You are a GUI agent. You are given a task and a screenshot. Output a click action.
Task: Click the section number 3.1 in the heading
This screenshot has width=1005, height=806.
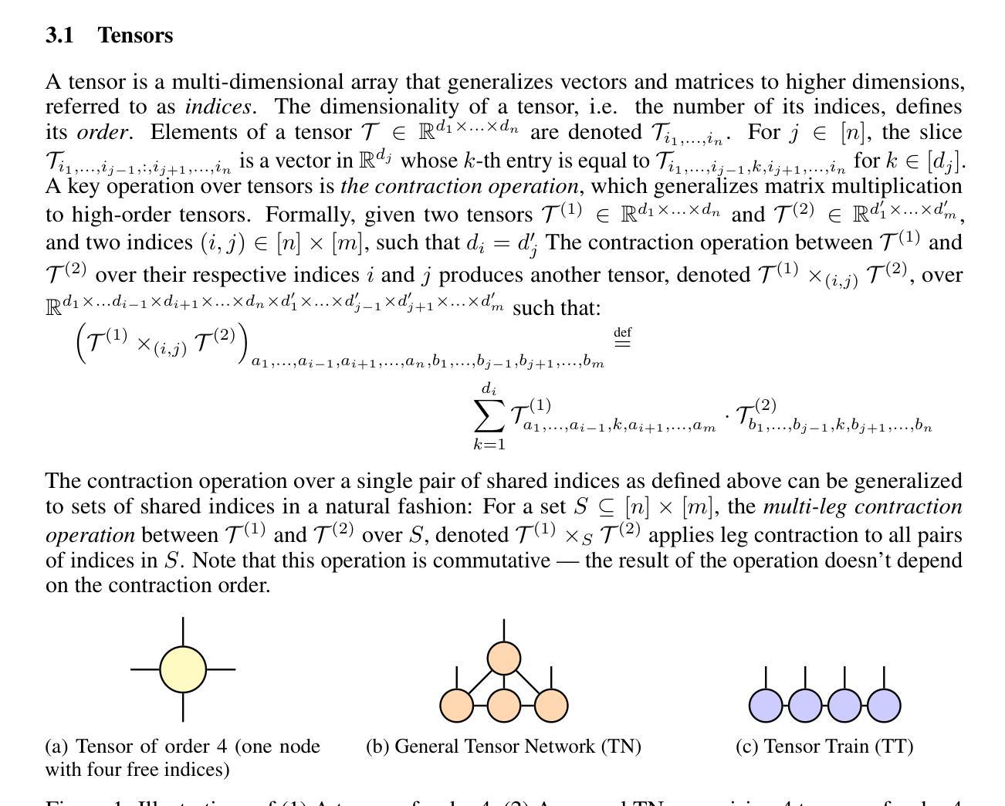59,36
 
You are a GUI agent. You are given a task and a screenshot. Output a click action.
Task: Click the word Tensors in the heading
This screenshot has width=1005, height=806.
135,36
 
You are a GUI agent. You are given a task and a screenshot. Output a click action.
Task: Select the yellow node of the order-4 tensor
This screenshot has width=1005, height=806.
183,669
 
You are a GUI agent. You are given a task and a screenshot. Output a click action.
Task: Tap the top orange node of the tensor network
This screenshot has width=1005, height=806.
504,659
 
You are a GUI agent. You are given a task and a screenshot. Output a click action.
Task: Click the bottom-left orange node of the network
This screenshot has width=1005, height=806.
457,706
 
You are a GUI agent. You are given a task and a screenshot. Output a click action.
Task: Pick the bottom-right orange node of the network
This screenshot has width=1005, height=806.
551,706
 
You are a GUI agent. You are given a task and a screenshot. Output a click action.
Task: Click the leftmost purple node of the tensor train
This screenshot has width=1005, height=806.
766,706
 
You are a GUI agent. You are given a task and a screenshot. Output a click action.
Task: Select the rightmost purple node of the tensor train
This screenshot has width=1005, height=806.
884,706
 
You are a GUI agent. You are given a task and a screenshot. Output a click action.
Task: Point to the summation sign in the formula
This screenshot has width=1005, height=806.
489,417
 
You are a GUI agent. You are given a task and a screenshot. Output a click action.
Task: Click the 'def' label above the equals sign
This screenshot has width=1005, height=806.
622,332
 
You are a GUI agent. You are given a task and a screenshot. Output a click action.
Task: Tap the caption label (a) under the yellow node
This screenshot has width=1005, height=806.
56,747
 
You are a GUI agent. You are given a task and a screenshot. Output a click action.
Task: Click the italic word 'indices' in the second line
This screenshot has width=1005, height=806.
218,107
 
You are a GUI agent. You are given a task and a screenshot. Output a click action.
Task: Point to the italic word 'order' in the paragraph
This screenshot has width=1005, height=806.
103,132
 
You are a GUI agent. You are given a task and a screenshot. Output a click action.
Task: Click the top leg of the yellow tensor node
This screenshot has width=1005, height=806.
183,632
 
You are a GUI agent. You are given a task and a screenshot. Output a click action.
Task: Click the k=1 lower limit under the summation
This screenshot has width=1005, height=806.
489,444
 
